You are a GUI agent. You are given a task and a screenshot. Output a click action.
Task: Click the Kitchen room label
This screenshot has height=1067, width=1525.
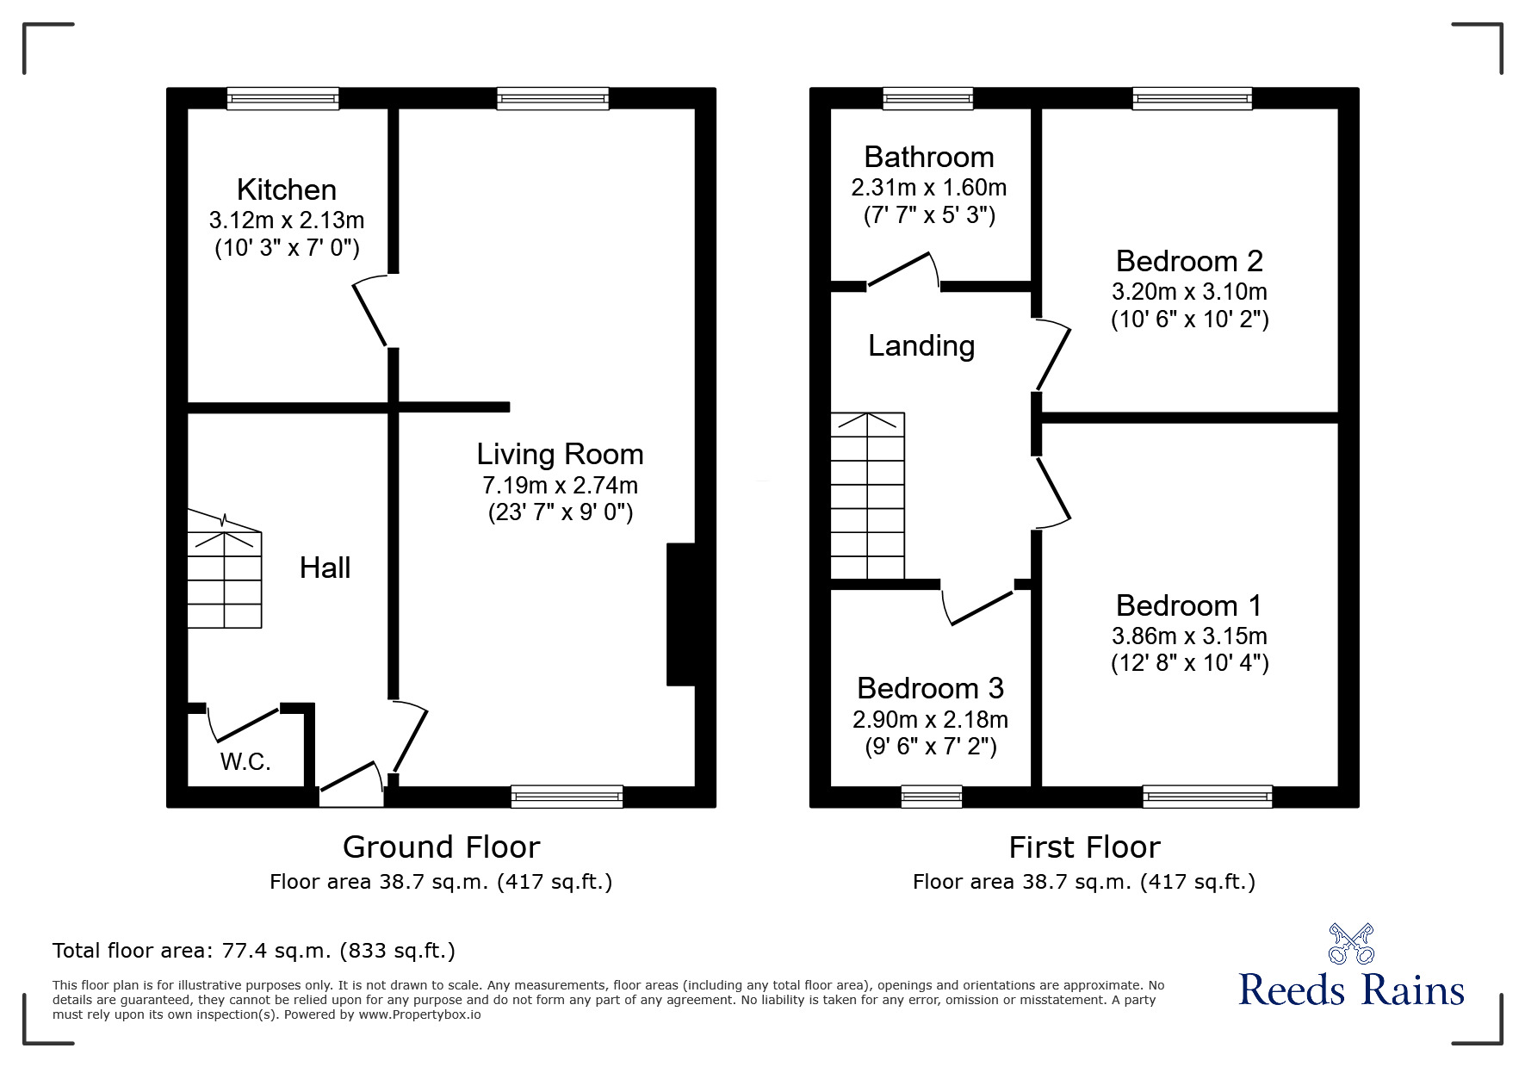[x=286, y=189]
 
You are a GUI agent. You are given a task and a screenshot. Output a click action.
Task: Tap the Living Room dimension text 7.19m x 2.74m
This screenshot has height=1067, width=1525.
[x=560, y=485]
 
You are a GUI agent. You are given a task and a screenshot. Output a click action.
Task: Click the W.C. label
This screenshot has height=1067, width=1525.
[x=245, y=761]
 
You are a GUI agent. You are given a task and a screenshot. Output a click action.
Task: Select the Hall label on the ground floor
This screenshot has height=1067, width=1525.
[x=325, y=568]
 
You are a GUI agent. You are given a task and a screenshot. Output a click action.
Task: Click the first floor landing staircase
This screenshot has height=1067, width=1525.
[x=867, y=496]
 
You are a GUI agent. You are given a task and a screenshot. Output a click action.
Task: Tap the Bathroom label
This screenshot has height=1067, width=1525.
[x=928, y=157]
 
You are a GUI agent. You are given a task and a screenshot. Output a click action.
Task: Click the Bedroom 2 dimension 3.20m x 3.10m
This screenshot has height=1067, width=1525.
[x=1188, y=291]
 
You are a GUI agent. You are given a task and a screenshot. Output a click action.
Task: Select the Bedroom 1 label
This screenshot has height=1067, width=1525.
[x=1188, y=605]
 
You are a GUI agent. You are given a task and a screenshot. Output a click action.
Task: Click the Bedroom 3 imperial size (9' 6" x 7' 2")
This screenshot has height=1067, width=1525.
[x=930, y=747]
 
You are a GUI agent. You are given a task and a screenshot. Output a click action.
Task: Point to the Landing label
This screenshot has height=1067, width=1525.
[x=921, y=345]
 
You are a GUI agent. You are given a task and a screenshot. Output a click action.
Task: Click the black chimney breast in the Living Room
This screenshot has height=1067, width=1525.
[x=680, y=614]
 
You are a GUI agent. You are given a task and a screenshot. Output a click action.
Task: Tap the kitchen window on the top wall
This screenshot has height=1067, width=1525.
[x=282, y=99]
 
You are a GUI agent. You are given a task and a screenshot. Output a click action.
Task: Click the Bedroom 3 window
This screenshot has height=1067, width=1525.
[x=931, y=797]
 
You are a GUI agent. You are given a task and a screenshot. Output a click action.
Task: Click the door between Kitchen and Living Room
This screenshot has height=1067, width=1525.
[x=372, y=312]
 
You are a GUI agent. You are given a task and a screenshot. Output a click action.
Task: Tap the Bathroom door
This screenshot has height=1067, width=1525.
[x=902, y=270]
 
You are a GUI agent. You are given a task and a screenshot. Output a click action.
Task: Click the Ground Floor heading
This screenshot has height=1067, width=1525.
[x=441, y=847]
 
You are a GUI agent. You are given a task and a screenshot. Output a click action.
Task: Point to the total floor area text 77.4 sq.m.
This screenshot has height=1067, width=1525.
[x=253, y=951]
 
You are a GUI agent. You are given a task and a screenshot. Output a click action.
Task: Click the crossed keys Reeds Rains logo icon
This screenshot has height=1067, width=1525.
[x=1351, y=944]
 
